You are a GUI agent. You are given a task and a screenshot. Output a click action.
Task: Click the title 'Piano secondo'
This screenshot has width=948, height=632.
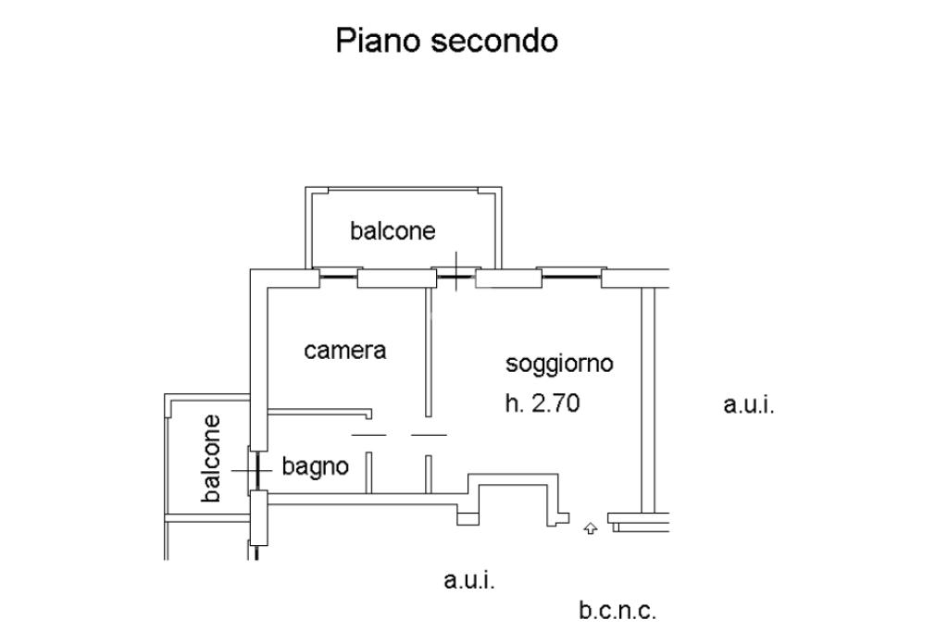(x=446, y=41)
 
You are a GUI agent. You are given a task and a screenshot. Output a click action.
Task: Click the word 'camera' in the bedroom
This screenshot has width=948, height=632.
(x=344, y=351)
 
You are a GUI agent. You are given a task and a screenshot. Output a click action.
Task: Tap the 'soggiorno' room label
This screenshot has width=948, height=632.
(x=559, y=364)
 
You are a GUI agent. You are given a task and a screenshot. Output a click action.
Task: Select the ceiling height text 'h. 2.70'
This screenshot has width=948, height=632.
(x=543, y=403)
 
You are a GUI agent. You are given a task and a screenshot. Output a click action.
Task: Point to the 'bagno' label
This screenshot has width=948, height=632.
(x=316, y=466)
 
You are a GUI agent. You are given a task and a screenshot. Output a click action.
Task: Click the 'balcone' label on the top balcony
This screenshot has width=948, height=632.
(x=393, y=230)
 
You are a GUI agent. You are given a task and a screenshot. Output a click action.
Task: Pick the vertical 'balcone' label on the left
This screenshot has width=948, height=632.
(x=212, y=458)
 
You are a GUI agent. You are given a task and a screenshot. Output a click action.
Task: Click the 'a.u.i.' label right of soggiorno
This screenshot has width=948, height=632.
(x=748, y=404)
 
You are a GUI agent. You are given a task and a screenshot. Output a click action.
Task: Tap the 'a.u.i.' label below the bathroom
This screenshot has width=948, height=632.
(x=468, y=581)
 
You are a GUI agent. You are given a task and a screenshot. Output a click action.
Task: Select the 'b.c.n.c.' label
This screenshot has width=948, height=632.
(x=617, y=611)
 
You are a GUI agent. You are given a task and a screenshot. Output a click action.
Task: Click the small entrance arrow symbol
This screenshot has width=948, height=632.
(x=590, y=528)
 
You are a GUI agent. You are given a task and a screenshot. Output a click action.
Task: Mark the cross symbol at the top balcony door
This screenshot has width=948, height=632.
(x=455, y=270)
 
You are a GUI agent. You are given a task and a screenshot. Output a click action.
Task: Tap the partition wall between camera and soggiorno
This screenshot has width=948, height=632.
(x=427, y=352)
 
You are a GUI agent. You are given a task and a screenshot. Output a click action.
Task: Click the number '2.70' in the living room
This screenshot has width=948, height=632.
(x=555, y=403)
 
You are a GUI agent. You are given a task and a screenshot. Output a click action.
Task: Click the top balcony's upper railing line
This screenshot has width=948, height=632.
(x=405, y=188)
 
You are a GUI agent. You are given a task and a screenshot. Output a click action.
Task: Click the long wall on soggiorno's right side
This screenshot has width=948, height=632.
(x=647, y=398)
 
